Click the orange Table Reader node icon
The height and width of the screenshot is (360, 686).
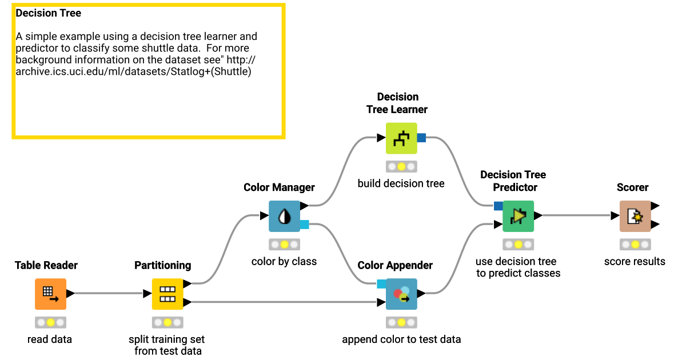coord(50,294)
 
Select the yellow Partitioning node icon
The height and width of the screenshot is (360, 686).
coord(167,294)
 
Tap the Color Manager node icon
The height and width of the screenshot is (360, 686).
coord(284,216)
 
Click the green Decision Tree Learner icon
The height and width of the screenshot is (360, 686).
coord(401,138)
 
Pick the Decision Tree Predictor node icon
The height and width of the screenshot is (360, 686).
coord(518,216)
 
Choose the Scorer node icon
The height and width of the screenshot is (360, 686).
coord(635,216)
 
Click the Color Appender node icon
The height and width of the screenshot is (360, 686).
coord(401,294)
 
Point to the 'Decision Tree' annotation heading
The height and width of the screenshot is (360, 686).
coord(49,13)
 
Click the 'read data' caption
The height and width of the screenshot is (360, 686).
coord(50,339)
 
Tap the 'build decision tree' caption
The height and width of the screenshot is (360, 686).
coord(401,183)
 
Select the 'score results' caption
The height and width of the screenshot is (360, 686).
coord(635,262)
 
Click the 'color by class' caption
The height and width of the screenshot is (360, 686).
coord(284,262)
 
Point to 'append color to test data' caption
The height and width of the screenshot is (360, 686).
coord(401,339)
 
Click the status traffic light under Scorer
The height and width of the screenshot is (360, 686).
coord(635,245)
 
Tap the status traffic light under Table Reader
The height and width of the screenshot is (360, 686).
coord(50,322)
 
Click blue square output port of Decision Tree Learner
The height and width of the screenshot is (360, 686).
coord(422,138)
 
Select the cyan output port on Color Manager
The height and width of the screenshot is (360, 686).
coord(304,225)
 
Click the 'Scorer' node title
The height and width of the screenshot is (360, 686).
coord(632,187)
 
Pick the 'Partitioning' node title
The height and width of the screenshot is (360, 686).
coord(162,265)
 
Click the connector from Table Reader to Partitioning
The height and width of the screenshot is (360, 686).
coord(109,294)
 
